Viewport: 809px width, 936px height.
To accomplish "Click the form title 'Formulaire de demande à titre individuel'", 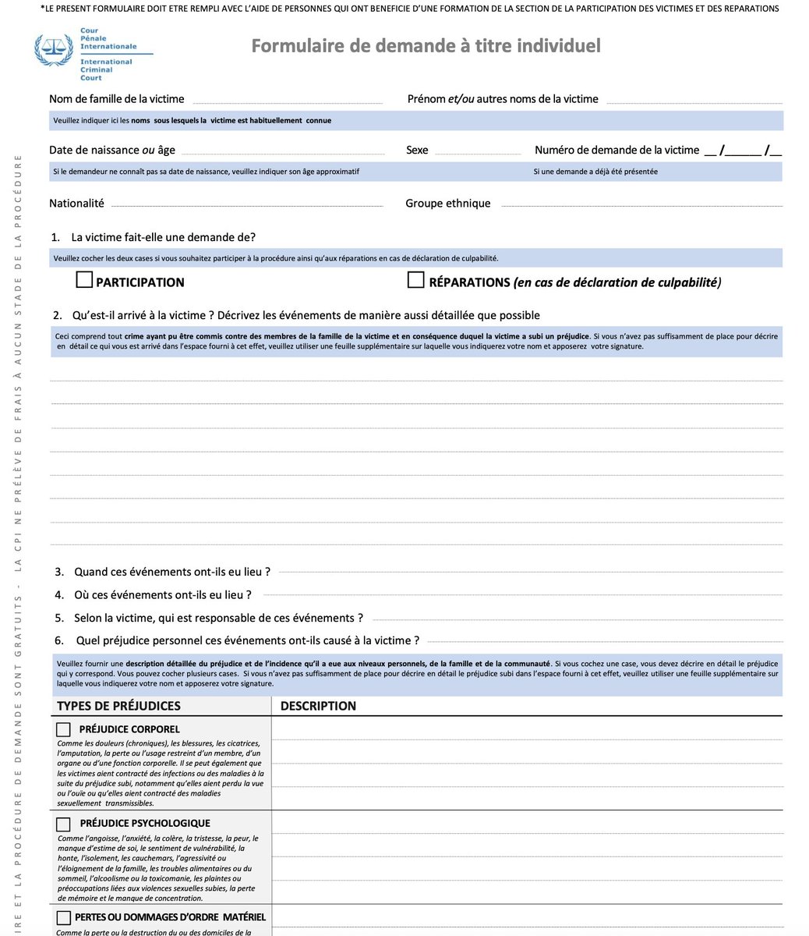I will (x=426, y=46).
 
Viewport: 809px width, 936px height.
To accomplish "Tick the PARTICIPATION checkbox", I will (x=84, y=280).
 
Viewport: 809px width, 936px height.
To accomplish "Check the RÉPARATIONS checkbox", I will (x=416, y=280).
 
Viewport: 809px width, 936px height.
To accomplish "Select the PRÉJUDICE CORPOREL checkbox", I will (x=63, y=729).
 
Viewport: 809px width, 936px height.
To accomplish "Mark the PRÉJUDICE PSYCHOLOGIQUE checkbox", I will (x=63, y=824).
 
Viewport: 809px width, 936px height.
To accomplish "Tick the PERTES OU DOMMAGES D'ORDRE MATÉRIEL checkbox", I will (x=63, y=917).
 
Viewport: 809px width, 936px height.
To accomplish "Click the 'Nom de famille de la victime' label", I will (x=117, y=99).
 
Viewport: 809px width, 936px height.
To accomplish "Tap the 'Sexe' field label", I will (x=417, y=150).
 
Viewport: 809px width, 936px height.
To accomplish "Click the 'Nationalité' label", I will (x=76, y=203).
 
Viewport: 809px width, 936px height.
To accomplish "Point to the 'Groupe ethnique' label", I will (x=448, y=203).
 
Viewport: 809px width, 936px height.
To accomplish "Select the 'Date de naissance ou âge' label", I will (x=112, y=150).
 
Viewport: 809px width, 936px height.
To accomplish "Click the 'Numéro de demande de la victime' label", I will (x=616, y=150).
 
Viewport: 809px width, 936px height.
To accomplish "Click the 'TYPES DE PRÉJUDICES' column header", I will (x=118, y=706).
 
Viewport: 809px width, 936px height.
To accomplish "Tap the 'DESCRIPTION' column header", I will (x=318, y=706).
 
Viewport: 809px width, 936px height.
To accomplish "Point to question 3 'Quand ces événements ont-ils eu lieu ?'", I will (x=171, y=572).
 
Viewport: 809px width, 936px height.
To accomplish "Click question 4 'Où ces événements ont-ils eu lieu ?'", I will (x=162, y=594).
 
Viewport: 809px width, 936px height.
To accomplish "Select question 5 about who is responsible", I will (x=218, y=618).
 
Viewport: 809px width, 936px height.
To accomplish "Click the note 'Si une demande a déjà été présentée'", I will (x=595, y=172).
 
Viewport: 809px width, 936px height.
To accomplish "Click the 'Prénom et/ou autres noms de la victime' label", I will (x=503, y=99).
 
